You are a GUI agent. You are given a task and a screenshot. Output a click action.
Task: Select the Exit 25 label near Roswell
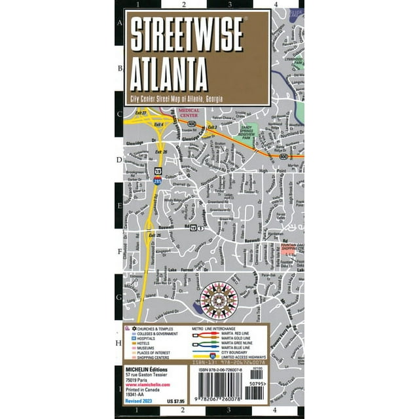click(155, 236)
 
